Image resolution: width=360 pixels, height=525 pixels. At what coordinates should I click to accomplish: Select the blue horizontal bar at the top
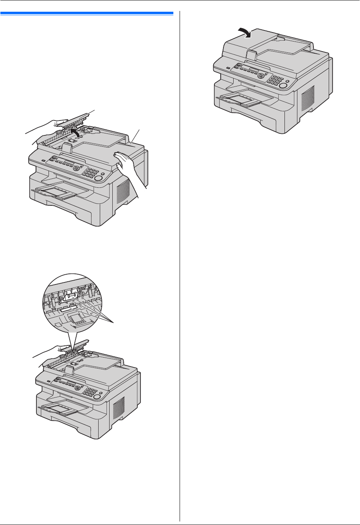86,13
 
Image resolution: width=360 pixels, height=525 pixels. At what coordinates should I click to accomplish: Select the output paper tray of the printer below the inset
63,409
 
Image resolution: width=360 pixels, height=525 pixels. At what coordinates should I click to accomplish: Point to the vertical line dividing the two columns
180,266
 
